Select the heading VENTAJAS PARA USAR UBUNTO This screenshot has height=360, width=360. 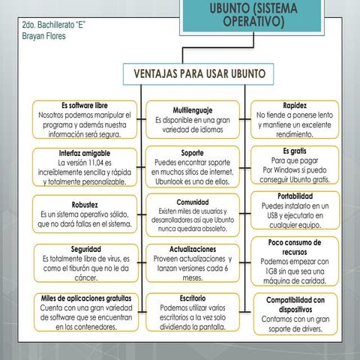click(x=198, y=75)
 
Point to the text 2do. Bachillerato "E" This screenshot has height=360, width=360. click(x=55, y=25)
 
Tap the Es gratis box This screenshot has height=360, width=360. click(x=294, y=166)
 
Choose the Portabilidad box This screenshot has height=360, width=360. click(x=294, y=213)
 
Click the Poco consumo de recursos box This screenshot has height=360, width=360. click(x=294, y=262)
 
